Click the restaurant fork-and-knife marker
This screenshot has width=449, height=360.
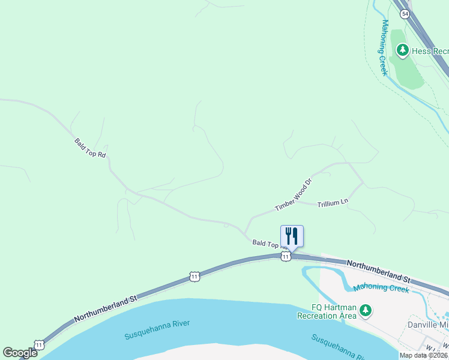click(x=292, y=235)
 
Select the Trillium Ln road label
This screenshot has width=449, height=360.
click(x=333, y=202)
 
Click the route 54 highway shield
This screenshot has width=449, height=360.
click(x=405, y=14)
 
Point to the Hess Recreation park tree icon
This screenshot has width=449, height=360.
click(x=402, y=50)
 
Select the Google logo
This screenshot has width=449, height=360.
click(x=20, y=353)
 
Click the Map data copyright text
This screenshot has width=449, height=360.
click(x=424, y=355)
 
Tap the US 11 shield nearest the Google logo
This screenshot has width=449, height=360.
click(x=39, y=344)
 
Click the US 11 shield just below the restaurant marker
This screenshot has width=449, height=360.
click(x=286, y=256)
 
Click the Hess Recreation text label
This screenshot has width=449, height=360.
click(x=430, y=52)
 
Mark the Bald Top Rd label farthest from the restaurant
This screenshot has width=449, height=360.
click(x=90, y=148)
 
